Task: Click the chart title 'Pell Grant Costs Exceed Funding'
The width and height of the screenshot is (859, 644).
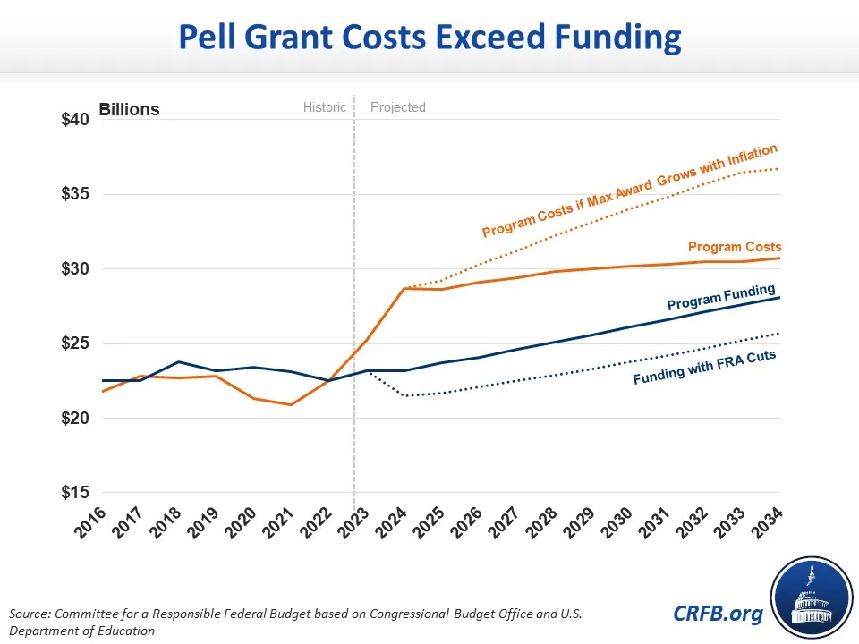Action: (429, 38)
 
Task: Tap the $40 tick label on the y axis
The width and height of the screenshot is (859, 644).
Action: (77, 121)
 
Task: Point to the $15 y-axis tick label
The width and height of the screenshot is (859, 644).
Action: (77, 493)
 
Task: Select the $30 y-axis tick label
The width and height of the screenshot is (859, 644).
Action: (77, 269)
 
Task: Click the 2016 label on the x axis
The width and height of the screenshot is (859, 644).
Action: (90, 521)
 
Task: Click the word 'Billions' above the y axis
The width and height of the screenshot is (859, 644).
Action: (129, 110)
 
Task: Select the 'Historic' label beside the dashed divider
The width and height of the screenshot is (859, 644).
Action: (324, 107)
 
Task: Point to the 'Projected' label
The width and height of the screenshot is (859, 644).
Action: (398, 107)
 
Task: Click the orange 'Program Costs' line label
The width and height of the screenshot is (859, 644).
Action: (735, 247)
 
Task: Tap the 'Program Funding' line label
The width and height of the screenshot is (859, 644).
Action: (721, 296)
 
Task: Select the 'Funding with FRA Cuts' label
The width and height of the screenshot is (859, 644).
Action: (704, 369)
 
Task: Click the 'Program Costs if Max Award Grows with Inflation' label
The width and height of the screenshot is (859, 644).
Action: (629, 191)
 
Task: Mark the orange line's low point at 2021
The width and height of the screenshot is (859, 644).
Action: (290, 404)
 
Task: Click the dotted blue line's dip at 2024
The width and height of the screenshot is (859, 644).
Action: (404, 395)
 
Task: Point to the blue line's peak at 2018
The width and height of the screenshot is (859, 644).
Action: (178, 361)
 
